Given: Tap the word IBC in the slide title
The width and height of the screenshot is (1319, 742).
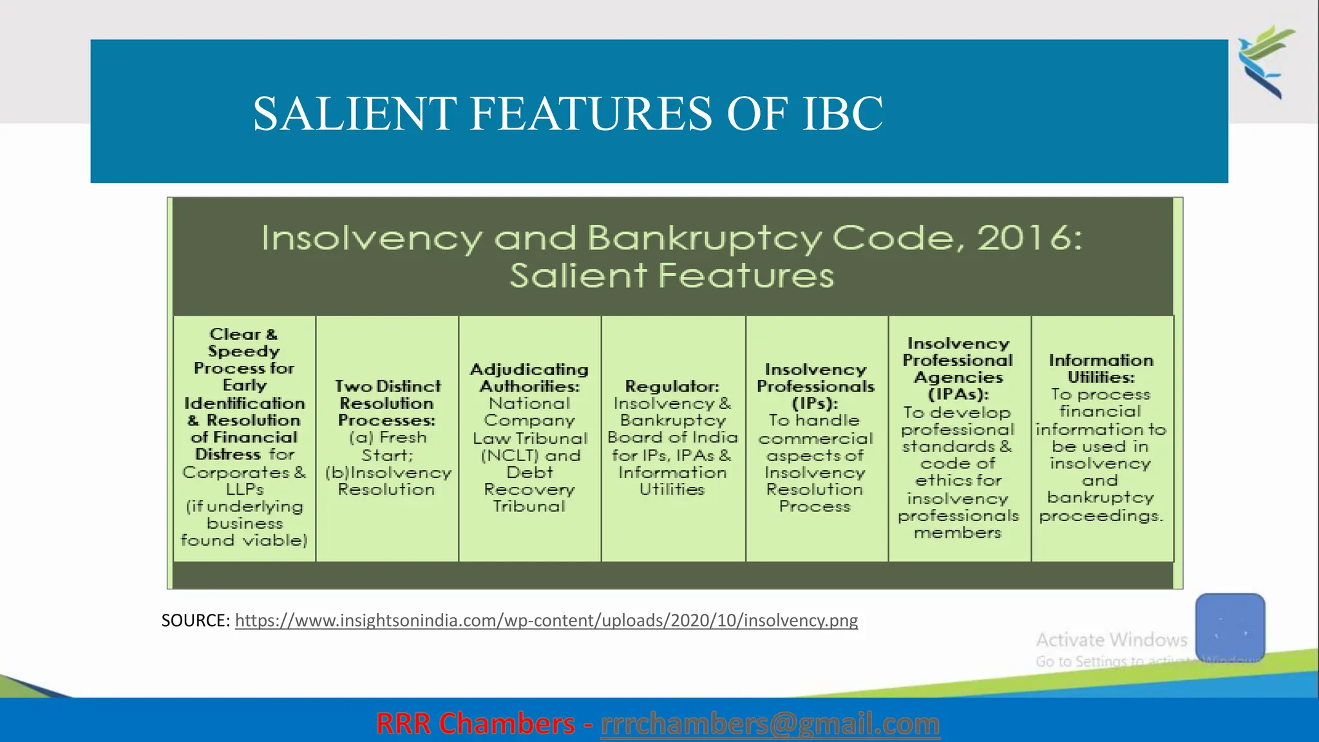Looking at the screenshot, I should click(x=842, y=114).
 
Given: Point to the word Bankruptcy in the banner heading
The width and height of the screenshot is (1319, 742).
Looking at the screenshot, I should click(x=704, y=238).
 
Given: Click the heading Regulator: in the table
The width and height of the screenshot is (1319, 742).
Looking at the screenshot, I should click(x=672, y=386).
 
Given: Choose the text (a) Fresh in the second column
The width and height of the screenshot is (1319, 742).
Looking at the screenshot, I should click(x=388, y=437).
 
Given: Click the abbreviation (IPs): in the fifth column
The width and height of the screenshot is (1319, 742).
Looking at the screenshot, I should click(x=815, y=403).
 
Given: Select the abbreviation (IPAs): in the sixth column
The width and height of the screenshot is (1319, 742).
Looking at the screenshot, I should click(x=958, y=394).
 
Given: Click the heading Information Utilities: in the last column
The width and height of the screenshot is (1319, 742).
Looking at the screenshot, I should click(x=1101, y=368).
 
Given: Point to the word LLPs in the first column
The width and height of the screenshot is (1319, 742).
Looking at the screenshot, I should click(x=245, y=489).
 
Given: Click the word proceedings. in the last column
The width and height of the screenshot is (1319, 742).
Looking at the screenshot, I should click(x=1101, y=515).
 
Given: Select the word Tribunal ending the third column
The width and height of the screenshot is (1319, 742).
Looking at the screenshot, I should click(x=529, y=506).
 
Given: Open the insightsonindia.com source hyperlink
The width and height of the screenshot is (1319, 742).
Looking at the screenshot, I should click(x=546, y=620).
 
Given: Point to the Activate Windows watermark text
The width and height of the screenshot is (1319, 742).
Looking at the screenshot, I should click(x=1111, y=640).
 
